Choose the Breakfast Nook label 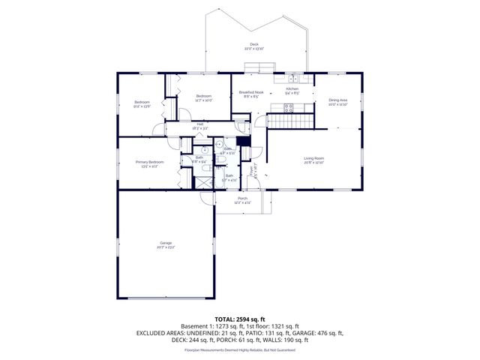point(250,92)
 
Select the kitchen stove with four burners point(289,106)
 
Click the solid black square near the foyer point(241,142)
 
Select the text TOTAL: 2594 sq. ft point(239,319)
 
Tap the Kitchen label point(292,89)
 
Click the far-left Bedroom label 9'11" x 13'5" point(142,103)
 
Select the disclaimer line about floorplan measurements point(239,349)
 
